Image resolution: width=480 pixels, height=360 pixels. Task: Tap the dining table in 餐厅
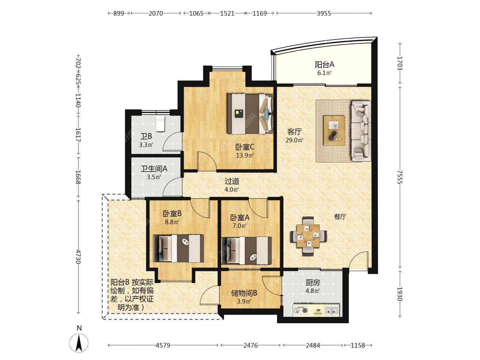pos(308,236)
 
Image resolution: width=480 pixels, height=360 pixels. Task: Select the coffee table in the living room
pos(334,130)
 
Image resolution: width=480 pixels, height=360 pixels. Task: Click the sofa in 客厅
pos(361,131)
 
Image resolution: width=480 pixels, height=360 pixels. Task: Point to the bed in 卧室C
pos(250,114)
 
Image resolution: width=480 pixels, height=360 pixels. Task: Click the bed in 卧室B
pos(178,248)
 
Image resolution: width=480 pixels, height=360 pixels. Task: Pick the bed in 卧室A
pos(247,250)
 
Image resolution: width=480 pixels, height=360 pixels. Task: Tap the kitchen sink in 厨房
pos(332,310)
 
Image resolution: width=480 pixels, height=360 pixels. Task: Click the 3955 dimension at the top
pos(324,13)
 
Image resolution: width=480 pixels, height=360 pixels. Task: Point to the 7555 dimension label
pos(400,177)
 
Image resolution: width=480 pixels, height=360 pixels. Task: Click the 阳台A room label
pos(325,65)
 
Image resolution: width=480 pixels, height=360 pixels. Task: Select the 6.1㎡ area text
pos(325,73)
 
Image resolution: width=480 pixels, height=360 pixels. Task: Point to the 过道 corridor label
pos(232,181)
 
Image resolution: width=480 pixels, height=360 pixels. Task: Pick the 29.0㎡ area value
pos(294,140)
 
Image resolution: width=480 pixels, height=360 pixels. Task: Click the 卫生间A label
pos(154,169)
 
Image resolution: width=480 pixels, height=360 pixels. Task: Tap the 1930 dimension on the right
pos(400,294)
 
